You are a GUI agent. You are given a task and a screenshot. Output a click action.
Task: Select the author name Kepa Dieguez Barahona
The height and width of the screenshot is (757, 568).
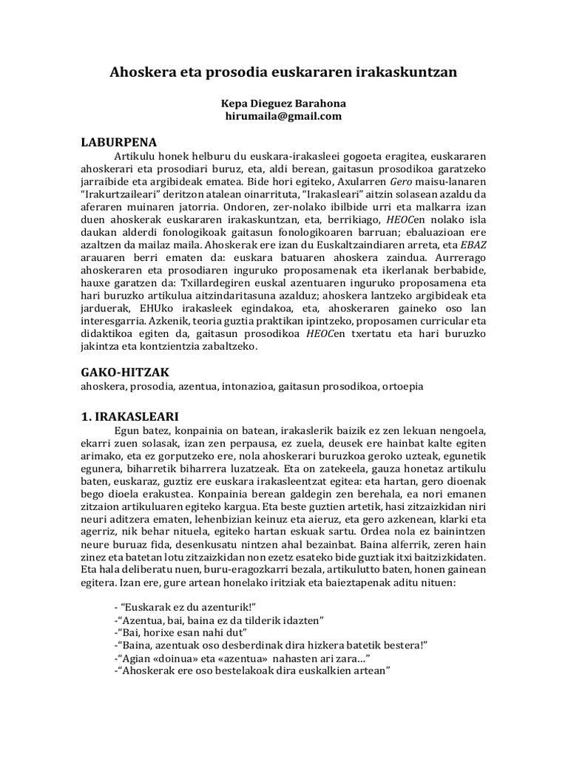[x=283, y=103]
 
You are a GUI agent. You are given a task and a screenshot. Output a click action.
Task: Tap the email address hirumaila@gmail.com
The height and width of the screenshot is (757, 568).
[x=283, y=116]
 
